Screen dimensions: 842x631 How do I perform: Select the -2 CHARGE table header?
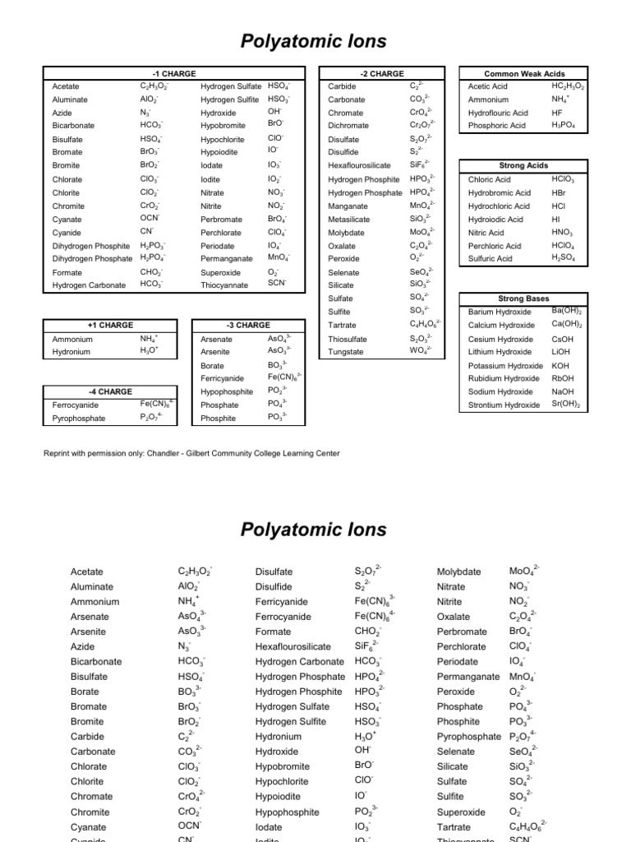tap(382, 73)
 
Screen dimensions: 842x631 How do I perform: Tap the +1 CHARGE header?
tap(110, 325)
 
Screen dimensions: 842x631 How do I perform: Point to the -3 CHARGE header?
tap(248, 325)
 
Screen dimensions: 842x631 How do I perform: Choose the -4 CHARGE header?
tap(110, 391)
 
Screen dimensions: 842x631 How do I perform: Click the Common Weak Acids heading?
tap(524, 73)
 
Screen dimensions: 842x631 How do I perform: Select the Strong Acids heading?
tap(524, 165)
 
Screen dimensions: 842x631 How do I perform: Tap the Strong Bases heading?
tap(524, 298)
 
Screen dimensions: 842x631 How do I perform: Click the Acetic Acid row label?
tap(488, 86)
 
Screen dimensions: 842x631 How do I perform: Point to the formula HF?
tap(558, 112)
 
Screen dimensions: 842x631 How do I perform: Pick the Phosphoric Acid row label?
tap(498, 126)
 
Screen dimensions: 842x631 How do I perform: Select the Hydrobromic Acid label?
tap(500, 192)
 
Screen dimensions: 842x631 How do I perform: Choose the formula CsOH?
tap(563, 339)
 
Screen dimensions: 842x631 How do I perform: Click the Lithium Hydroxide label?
tap(500, 352)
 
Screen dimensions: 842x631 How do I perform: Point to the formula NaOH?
tap(564, 392)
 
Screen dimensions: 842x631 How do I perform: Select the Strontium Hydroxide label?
tap(504, 405)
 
